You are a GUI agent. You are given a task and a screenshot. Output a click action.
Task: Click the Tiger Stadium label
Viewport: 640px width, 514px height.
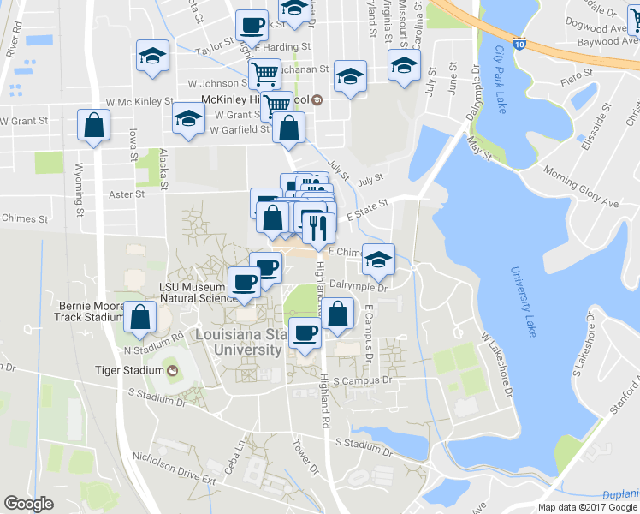[129, 370]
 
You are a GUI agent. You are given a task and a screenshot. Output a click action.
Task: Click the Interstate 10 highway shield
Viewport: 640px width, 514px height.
[520, 40]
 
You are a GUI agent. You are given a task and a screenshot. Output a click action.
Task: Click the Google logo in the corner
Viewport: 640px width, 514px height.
[28, 504]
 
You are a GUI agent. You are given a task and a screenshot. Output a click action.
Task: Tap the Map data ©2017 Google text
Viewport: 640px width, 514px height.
[587, 507]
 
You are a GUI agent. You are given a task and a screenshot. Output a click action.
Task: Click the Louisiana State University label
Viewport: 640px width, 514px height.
[239, 342]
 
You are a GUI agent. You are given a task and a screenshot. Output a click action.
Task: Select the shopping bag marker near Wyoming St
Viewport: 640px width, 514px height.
[94, 126]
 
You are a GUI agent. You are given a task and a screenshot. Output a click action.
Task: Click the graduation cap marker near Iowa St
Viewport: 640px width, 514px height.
[152, 57]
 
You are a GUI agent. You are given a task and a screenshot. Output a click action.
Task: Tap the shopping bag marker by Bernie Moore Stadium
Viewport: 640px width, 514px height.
[139, 318]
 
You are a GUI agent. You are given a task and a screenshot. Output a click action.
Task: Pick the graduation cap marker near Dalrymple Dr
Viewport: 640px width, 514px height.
[376, 258]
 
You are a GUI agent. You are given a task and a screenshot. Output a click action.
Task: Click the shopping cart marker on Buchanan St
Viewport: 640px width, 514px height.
[264, 76]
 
